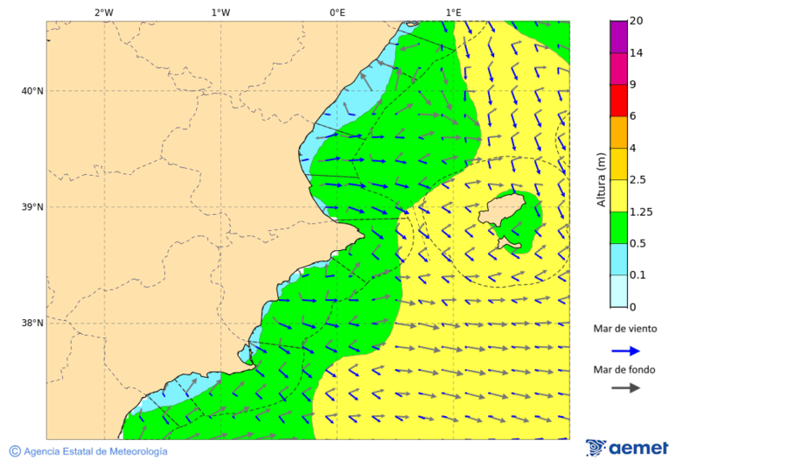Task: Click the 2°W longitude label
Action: point(103,12)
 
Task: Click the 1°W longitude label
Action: point(220,12)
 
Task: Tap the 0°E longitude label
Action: point(337,12)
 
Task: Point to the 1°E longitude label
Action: point(453,12)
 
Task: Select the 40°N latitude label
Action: point(32,91)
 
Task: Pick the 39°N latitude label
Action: point(32,207)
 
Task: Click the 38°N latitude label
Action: point(32,323)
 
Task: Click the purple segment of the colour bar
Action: point(618,37)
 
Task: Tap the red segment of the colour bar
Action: point(618,101)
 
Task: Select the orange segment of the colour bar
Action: point(618,132)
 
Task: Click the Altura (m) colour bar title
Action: point(601,179)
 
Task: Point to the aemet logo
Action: point(627,448)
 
